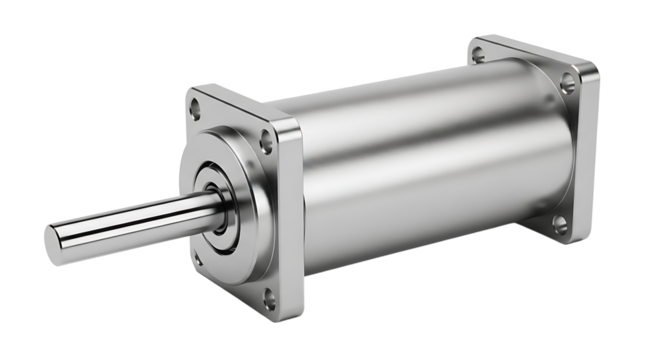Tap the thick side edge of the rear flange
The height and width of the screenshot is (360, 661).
[590, 150]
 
